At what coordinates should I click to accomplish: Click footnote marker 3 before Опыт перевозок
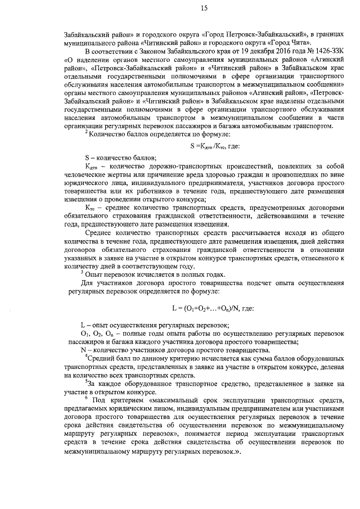pyautogui.click(x=83, y=271)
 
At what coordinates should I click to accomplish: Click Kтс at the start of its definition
pyautogui.click(x=89, y=208)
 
